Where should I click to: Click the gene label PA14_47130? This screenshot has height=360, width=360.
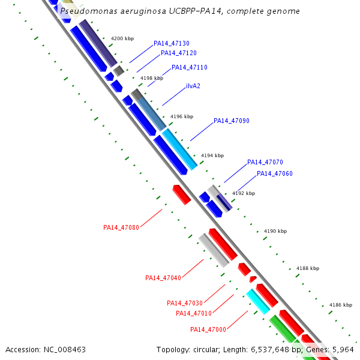pos(172,43)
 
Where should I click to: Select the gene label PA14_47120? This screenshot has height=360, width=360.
pos(179,53)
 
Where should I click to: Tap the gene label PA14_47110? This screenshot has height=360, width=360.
pos(190,67)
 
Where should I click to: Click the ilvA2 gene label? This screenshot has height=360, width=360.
pos(193,86)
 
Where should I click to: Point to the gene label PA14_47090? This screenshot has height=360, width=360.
pos(232,121)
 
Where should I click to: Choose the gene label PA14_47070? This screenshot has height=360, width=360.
pos(265,162)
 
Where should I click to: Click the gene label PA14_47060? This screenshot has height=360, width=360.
pos(275,173)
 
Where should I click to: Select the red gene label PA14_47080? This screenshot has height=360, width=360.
pos(121,227)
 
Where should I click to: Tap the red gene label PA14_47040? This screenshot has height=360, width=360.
pos(163,278)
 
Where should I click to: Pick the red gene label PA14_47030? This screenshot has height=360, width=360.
pos(185,303)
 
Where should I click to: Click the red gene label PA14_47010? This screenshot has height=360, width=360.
pos(194,313)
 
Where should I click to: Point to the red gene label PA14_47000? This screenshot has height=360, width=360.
pos(208,329)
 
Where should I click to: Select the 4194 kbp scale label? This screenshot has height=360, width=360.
pos(212,155)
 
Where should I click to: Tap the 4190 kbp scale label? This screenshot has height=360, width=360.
pos(275,231)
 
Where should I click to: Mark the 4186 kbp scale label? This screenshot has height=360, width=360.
pos(340,305)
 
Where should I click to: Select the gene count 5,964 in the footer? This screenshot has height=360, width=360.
pos(342,349)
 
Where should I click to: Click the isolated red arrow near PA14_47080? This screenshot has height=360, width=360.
pos(181,194)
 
